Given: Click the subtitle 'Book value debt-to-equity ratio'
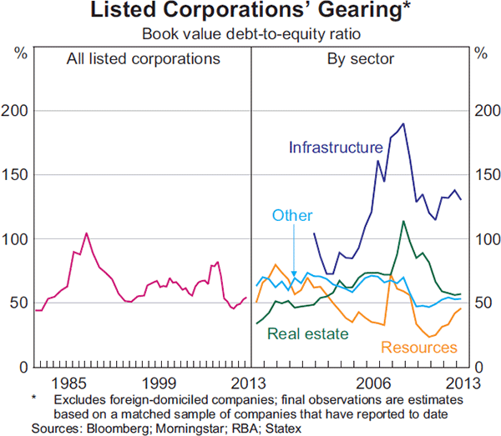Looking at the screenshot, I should pyautogui.click(x=250, y=34).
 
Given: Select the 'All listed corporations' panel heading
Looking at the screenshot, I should pyautogui.click(x=144, y=59).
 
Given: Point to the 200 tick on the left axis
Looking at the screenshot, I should pyautogui.click(x=18, y=111).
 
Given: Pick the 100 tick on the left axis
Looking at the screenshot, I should pyautogui.click(x=18, y=239).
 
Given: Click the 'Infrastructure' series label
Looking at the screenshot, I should pyautogui.click(x=335, y=148).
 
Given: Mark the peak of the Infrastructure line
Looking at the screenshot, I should pyautogui.click(x=403, y=123).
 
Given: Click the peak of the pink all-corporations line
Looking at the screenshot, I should pyautogui.click(x=86, y=233).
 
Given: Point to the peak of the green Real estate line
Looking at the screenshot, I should pyautogui.click(x=403, y=221).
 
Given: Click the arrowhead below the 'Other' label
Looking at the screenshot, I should pyautogui.click(x=295, y=261).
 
